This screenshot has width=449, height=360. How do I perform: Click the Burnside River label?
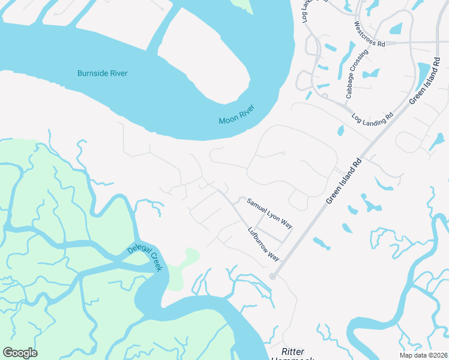[103, 73]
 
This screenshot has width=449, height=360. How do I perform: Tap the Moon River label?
[237, 114]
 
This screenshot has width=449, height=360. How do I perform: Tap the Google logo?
[20, 353]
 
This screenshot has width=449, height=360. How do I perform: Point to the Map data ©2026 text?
[423, 355]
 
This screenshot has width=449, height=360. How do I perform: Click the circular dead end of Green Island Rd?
[273, 276]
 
